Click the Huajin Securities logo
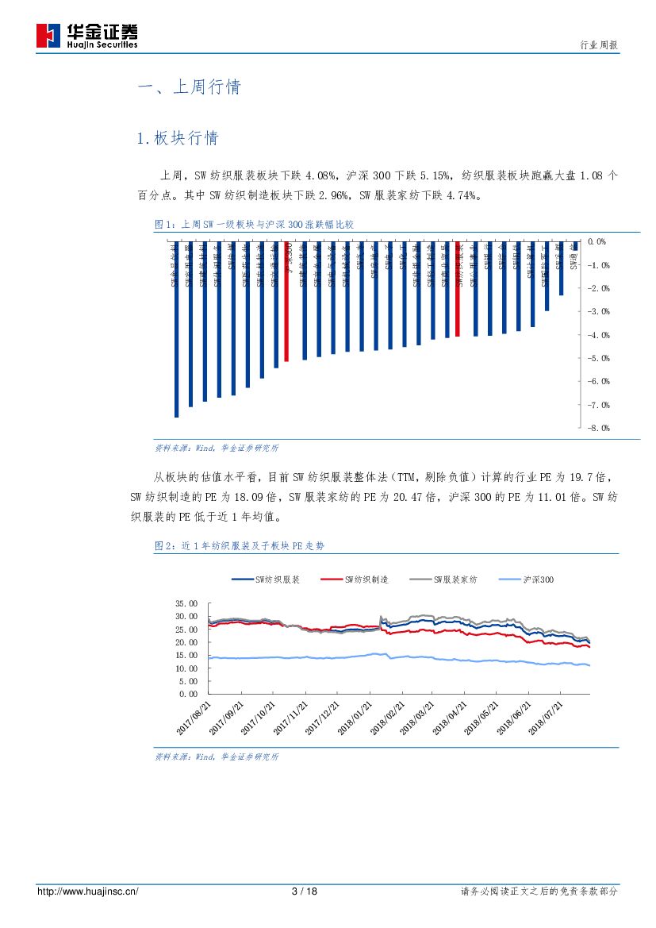coord(87,35)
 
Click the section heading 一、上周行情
coord(189,87)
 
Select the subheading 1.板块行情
coord(177,138)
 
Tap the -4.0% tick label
coord(597,335)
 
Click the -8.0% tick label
coord(597,428)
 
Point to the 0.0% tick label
coord(597,241)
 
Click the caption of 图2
coord(240,546)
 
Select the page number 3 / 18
coord(305,891)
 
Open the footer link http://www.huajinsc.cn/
coord(88,891)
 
